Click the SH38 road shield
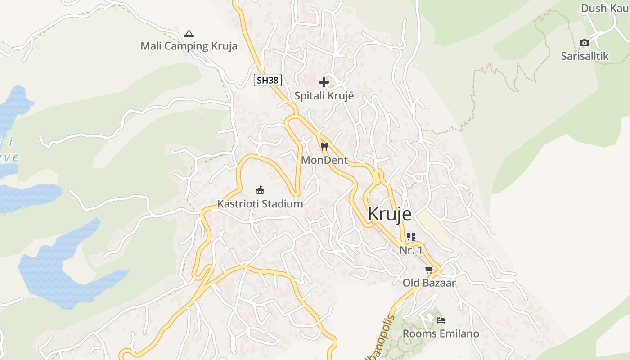pos(267,81)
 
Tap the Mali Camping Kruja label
pos(189,46)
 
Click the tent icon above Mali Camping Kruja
pos(189,33)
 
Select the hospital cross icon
pos(324,82)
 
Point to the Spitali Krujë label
pos(324,96)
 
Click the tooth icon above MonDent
pos(324,146)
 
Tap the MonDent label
pos(324,160)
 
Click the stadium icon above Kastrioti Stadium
pos(260,190)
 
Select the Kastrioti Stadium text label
pos(260,204)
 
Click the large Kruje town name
pos(389,214)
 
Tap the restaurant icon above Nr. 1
pos(411,236)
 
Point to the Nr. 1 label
pos(411,250)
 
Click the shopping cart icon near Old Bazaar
pos(429,270)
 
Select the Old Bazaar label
pos(429,283)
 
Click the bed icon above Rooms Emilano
pos(441,320)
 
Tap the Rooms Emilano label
pos(441,334)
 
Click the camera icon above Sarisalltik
pos(585,43)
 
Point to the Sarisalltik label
pos(585,56)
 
